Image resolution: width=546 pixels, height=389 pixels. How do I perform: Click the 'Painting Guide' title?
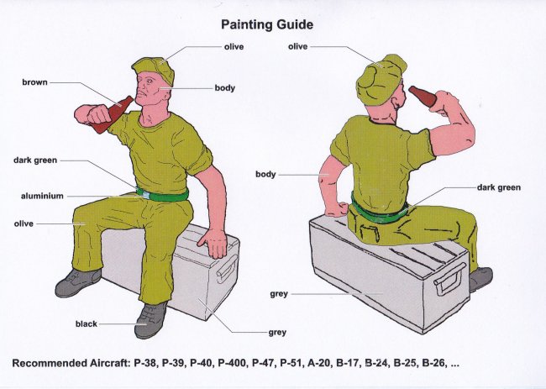pos(267,24)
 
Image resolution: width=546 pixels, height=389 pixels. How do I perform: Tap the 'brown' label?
pos(34,82)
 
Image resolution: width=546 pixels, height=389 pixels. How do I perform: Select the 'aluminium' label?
pos(42,196)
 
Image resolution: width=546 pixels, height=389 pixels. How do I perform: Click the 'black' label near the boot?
pos(86,323)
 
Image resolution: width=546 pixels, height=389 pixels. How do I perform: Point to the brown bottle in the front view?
pos(112,114)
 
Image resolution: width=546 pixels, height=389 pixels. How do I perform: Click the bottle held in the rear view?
pos(423,96)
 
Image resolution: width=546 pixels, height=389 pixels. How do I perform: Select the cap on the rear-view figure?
pos(381,80)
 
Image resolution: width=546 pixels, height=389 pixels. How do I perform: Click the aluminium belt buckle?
pos(145,194)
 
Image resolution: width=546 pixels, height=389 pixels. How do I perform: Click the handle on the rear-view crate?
pos(449,279)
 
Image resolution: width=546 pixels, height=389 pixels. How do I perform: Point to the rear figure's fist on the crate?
pos(338,209)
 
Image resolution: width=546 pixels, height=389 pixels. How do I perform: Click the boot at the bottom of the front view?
pos(150,320)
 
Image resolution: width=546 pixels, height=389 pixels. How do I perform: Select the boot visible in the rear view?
pos(480,279)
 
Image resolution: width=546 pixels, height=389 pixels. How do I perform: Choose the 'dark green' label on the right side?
pos(499,187)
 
